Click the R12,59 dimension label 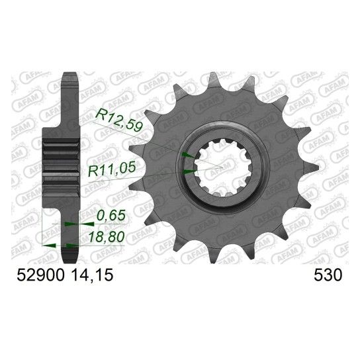[120, 120]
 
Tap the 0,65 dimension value [111, 215]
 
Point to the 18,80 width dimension [107, 237]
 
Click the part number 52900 [40, 275]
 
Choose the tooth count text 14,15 [93, 275]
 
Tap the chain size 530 [328, 275]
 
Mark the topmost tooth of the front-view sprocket [213, 80]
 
